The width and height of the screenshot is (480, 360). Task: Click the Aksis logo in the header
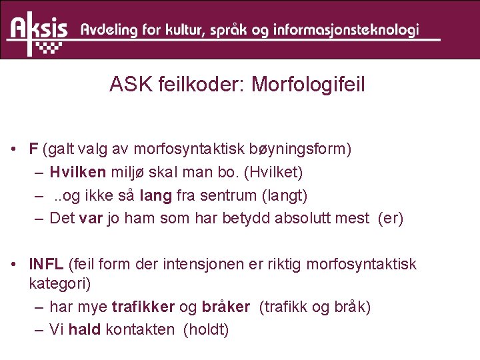pyautogui.click(x=38, y=31)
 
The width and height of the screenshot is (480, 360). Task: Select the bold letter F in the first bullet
pyautogui.click(x=33, y=149)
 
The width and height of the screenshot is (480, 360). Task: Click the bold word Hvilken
pyautogui.click(x=77, y=172)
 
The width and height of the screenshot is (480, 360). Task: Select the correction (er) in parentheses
pyautogui.click(x=390, y=219)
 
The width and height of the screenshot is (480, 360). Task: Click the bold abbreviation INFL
pyautogui.click(x=47, y=265)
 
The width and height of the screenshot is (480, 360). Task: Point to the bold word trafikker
pyautogui.click(x=143, y=307)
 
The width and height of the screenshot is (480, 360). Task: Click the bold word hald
pyautogui.click(x=83, y=329)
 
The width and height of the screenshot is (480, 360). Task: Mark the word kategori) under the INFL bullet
pyautogui.click(x=60, y=283)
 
